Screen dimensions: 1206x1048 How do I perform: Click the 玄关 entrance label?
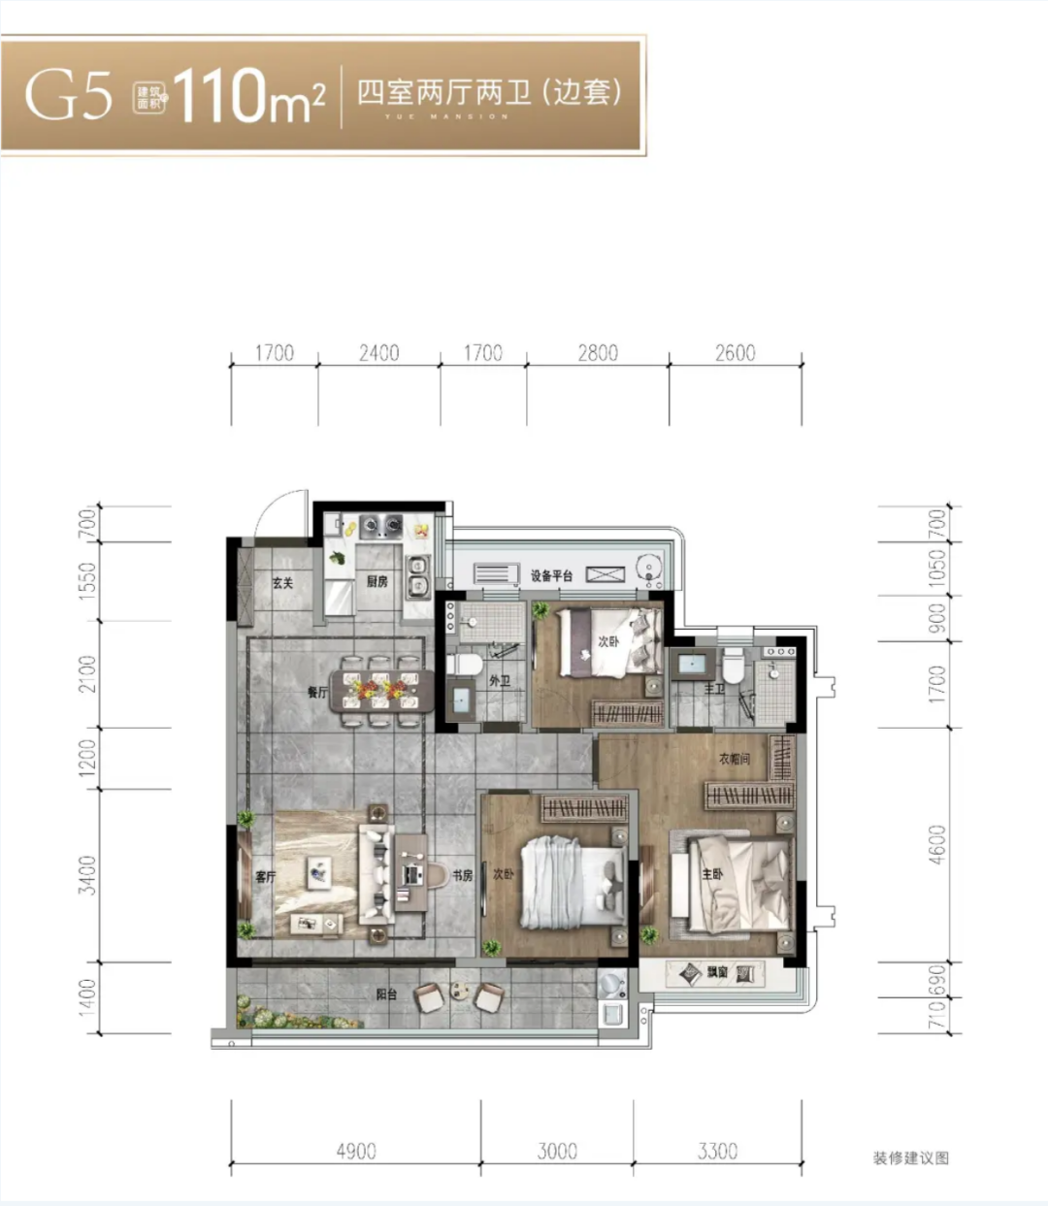click(282, 583)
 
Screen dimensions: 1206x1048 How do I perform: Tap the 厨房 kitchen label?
click(377, 582)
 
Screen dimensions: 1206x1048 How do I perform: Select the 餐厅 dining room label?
click(317, 692)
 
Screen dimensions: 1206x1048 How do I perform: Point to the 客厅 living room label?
click(265, 877)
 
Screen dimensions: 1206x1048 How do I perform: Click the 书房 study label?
click(462, 876)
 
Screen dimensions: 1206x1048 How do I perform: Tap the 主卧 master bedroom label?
click(712, 875)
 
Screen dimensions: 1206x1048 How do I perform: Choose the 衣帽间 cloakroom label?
click(735, 759)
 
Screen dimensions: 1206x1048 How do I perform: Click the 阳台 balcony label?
click(386, 994)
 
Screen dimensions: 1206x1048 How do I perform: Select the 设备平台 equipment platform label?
click(551, 575)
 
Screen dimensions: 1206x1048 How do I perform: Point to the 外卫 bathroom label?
click(499, 682)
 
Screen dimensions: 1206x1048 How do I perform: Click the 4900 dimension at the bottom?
click(356, 1152)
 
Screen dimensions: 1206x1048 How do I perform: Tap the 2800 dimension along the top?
click(598, 353)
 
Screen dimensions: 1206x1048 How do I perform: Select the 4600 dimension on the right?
click(936, 845)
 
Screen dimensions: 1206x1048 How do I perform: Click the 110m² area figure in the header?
click(248, 96)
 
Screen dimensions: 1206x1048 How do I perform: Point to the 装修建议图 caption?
click(910, 1157)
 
